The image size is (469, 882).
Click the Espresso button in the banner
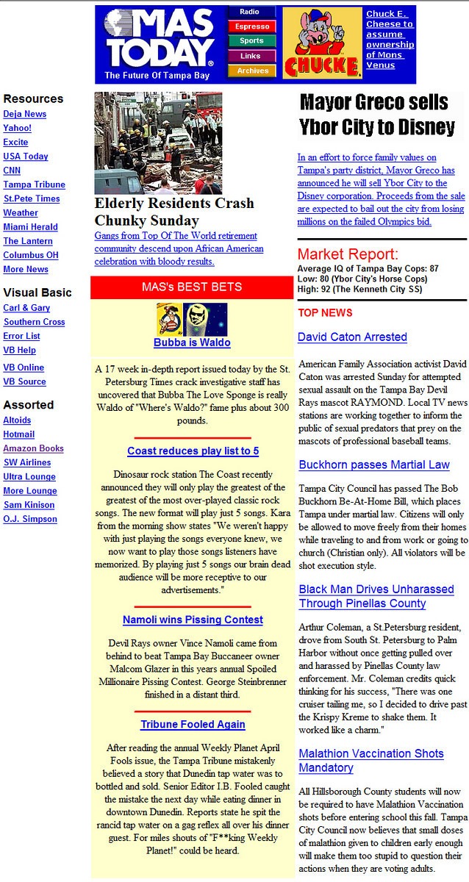coord(251,26)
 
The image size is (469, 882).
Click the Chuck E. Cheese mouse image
coord(321,43)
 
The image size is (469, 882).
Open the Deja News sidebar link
coord(24,114)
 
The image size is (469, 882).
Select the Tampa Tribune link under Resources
coord(34,184)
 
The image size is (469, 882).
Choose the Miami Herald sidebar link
coord(30,227)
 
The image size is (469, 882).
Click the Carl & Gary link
coord(26,308)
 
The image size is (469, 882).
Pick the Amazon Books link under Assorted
coord(33,448)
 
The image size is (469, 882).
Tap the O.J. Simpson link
coord(30,519)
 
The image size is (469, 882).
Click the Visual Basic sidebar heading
coord(37,293)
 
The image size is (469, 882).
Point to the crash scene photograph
coord(158,143)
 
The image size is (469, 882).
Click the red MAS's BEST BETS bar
coord(192,287)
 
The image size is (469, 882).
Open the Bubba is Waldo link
coord(192,343)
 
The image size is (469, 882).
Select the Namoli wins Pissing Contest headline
coord(193,620)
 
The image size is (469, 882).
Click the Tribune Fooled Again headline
coord(193,724)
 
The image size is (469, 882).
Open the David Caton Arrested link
coord(352,337)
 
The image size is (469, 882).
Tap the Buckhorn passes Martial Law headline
coord(373,465)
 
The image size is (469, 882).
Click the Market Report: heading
coord(348,254)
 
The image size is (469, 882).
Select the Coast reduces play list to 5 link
coord(193,451)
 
